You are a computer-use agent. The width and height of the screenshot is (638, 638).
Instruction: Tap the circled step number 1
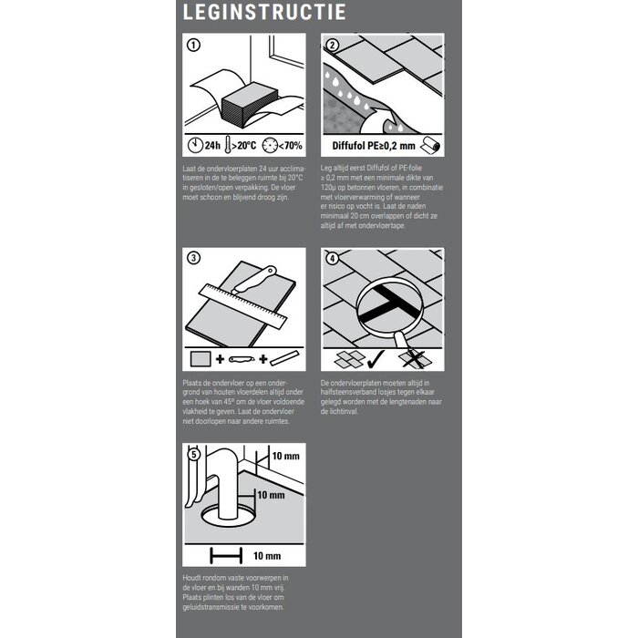point(193,45)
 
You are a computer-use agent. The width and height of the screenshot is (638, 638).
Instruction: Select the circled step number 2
point(333,45)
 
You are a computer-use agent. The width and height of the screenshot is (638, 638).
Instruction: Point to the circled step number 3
point(193,259)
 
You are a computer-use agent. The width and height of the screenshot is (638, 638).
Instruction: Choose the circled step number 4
point(333,259)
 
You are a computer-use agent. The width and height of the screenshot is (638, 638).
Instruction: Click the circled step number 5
point(193,454)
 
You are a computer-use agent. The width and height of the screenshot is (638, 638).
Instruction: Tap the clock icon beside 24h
point(195,146)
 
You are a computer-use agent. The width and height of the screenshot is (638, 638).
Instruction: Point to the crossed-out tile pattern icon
point(417,358)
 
